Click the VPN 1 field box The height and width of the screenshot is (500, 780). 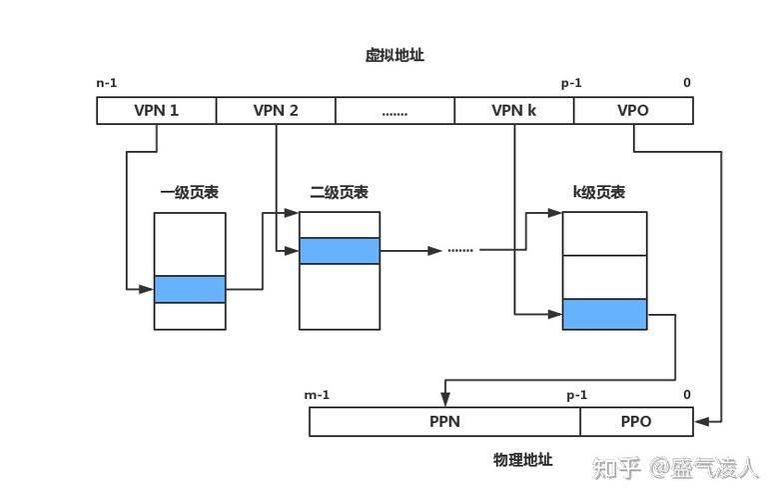coord(156,110)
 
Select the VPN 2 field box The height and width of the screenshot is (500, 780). coord(276,110)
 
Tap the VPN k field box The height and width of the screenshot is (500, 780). coord(514,110)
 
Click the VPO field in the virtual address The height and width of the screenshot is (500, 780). coord(633,110)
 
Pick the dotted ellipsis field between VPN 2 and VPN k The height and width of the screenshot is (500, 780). coord(394,110)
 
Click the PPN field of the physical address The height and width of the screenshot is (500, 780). coord(444,422)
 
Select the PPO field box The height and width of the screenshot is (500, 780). coord(636,422)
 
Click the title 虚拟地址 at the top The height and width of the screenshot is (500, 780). coord(394,56)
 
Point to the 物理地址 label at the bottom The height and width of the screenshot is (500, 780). coord(522,461)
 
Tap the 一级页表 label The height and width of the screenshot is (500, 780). coord(189,193)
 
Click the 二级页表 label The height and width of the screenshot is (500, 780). coord(339,193)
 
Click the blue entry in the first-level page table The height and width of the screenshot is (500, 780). coord(190,289)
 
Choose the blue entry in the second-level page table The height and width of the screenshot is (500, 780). coord(340,250)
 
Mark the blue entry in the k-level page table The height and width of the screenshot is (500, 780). coord(604,314)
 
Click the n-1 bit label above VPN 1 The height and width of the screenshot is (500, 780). coord(107,84)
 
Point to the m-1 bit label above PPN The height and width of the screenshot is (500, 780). coord(317,395)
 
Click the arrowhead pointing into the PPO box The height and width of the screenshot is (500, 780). coord(700,422)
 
